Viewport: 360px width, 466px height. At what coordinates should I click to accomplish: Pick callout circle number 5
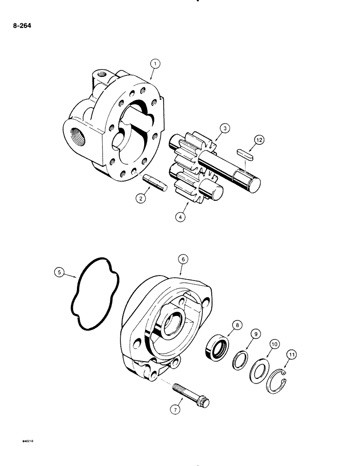coord(57,273)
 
